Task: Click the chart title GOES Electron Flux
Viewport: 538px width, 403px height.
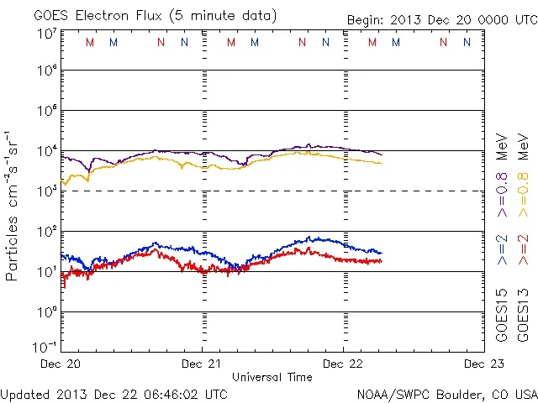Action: click(143, 14)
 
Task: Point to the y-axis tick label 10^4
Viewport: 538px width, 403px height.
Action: click(46, 151)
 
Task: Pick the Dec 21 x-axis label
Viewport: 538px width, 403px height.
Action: click(203, 364)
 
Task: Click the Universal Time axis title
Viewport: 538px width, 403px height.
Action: click(272, 377)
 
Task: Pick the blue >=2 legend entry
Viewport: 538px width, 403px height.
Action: click(502, 251)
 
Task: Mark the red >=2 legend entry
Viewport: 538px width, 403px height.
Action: click(523, 251)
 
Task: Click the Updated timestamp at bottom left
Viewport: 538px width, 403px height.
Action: click(113, 393)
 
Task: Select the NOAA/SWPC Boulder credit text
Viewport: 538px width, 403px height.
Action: click(446, 393)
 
